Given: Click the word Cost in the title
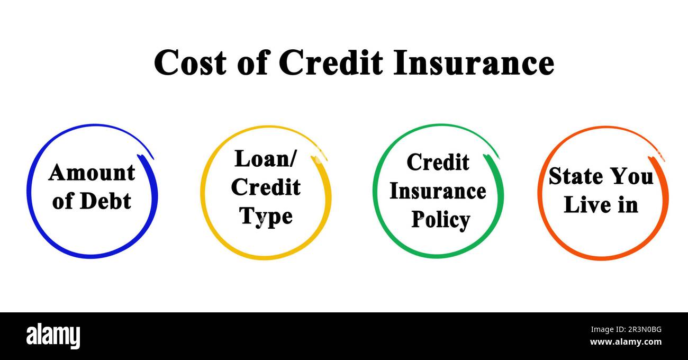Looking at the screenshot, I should tap(189, 62).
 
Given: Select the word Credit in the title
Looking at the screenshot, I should tap(331, 62).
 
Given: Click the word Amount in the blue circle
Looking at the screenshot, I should tap(92, 173).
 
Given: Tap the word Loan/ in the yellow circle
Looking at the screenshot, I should tap(266, 158).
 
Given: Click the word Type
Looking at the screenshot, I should tap(266, 217).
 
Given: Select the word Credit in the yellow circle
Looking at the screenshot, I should tap(266, 187).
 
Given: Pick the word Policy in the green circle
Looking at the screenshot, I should tap(441, 220).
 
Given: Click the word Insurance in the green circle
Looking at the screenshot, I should tap(438, 191).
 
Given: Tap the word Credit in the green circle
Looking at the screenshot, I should tap(438, 162).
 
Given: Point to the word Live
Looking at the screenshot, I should tap(585, 205).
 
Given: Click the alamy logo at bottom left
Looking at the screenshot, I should tap(53, 336).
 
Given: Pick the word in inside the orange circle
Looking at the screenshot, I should tap(628, 205).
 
